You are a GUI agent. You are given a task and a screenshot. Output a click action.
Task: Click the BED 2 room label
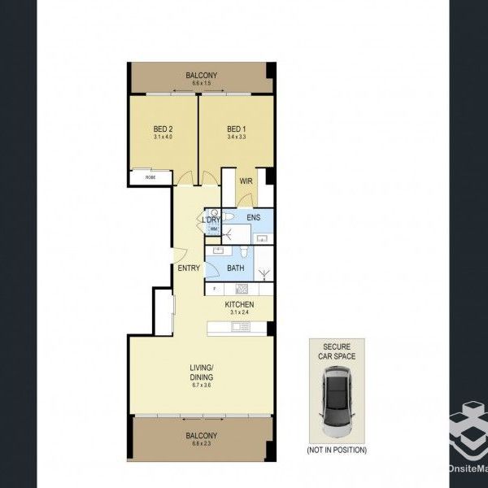click(x=163, y=129)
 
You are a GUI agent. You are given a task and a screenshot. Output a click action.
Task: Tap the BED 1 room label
click(x=235, y=129)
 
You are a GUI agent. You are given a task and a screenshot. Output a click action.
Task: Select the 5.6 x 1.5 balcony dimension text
click(x=201, y=84)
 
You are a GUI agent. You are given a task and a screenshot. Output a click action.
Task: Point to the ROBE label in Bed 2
click(x=150, y=177)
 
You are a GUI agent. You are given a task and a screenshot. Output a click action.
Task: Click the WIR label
click(x=245, y=182)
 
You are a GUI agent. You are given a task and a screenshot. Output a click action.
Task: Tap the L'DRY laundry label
click(x=212, y=219)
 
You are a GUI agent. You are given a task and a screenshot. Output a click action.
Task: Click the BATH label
click(x=236, y=268)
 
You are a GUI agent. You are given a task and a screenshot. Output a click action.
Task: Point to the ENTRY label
click(x=190, y=268)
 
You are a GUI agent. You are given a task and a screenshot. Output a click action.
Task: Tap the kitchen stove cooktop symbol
click(x=241, y=288)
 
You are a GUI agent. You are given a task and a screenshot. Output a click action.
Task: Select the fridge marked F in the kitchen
click(x=214, y=288)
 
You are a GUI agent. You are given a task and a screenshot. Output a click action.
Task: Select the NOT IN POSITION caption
click(x=337, y=450)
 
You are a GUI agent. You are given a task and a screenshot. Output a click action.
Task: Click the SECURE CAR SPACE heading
click(x=337, y=351)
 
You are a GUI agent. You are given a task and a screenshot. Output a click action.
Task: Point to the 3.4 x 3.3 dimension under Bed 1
click(x=235, y=137)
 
